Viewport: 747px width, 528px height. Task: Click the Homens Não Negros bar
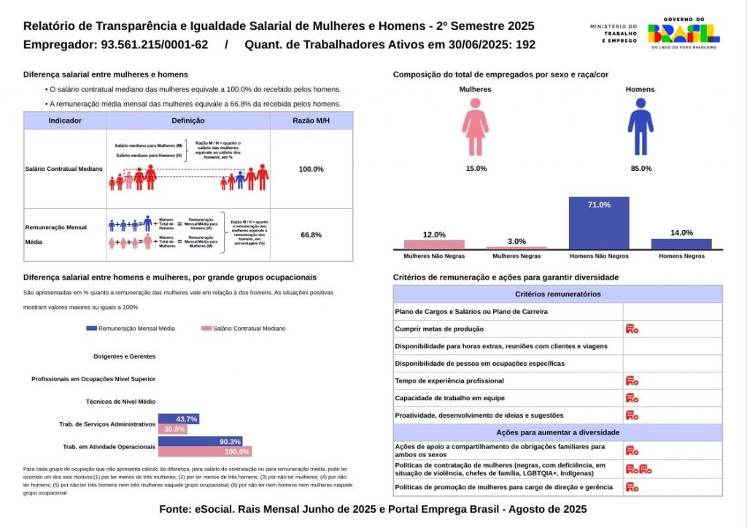[x=599, y=223]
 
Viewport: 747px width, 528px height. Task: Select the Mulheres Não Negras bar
[x=434, y=245]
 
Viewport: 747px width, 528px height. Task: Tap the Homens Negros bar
[x=681, y=244]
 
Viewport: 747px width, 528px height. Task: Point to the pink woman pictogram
[x=475, y=128]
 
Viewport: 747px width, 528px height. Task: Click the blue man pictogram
[x=640, y=128]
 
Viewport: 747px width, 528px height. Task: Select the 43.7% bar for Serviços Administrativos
[x=178, y=419]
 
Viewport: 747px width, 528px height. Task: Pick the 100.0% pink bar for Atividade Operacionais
[x=205, y=452]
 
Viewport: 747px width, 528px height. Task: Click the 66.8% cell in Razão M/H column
[x=311, y=235]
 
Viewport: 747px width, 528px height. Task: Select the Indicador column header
[x=65, y=120]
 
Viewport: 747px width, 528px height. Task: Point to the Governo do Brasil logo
[x=684, y=33]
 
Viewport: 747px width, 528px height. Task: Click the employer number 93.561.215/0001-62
[x=152, y=45]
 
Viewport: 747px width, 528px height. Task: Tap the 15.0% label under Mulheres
[x=476, y=169]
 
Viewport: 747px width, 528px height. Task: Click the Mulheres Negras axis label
[x=516, y=256]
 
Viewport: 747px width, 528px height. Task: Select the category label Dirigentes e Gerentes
[x=125, y=356]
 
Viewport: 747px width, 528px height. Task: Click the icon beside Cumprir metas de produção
[x=632, y=329]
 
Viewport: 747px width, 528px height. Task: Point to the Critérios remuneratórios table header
[x=557, y=294]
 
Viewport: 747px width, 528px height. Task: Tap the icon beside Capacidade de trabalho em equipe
[x=632, y=398]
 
